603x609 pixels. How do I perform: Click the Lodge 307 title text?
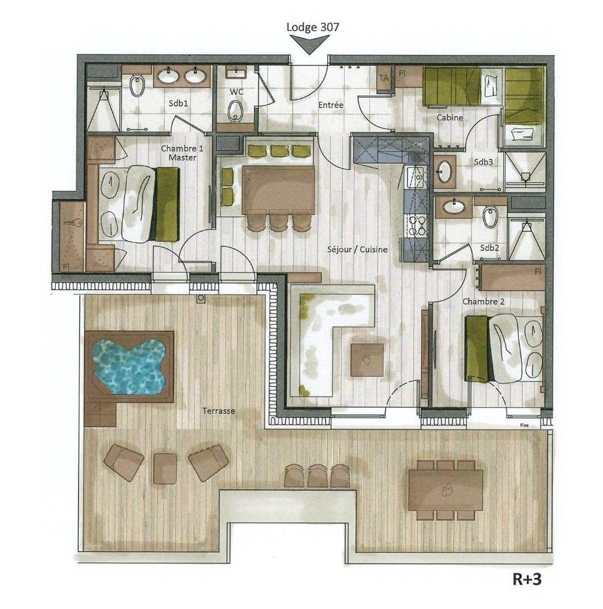click(313, 27)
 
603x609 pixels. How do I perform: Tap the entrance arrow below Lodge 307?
click(309, 44)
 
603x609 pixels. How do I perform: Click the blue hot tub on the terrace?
click(129, 366)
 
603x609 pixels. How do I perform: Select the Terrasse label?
click(219, 410)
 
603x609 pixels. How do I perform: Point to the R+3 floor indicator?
click(527, 579)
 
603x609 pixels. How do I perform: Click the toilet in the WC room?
click(235, 111)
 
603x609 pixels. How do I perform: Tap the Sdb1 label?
click(179, 103)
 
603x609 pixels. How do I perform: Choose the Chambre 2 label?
click(483, 301)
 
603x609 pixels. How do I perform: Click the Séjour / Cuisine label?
click(357, 249)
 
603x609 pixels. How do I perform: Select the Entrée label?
click(330, 105)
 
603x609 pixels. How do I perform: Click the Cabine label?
click(450, 117)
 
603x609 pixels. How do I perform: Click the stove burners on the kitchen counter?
click(416, 226)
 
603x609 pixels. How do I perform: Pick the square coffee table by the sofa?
click(367, 360)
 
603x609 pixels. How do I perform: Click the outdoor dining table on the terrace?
click(446, 490)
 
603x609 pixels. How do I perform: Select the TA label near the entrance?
click(384, 78)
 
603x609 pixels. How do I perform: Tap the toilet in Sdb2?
click(490, 218)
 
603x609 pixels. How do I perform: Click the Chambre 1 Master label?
click(182, 153)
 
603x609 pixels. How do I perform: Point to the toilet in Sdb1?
click(137, 85)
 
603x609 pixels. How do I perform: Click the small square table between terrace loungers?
click(165, 468)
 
